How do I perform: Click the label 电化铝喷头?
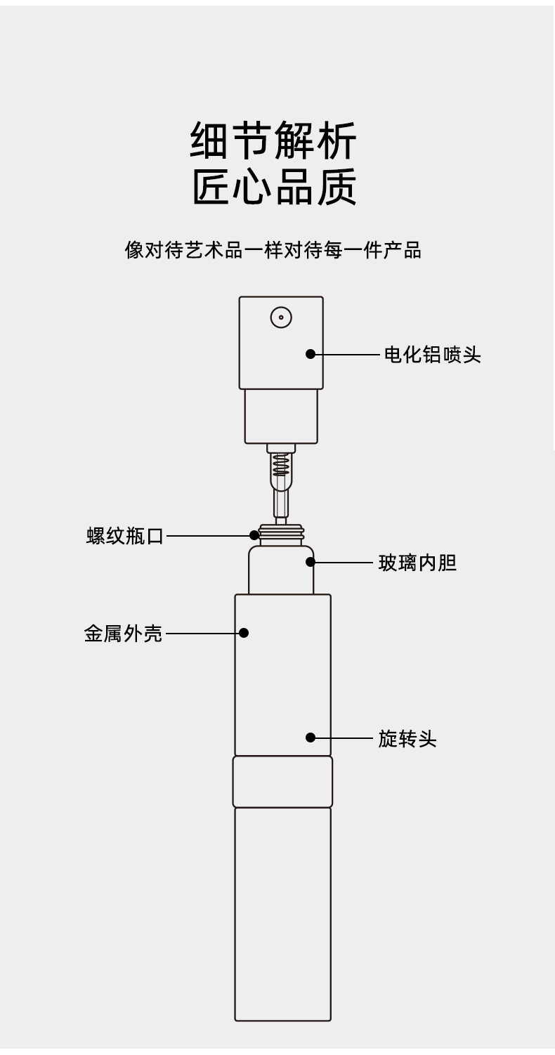[x=433, y=354]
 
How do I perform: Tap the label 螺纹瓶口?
[x=125, y=536]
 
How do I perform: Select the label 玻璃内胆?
[x=417, y=563]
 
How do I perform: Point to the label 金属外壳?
[x=124, y=634]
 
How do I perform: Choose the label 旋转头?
[x=407, y=738]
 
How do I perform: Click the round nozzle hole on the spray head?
[x=281, y=317]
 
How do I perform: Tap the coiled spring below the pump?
[x=281, y=464]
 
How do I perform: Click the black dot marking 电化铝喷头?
[x=311, y=354]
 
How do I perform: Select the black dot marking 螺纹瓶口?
[x=254, y=535]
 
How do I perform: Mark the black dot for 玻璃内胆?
[x=311, y=562]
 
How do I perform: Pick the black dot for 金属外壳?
[x=244, y=633]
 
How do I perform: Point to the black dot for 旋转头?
[x=311, y=738]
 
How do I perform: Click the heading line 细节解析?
[x=274, y=140]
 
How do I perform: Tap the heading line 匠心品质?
[x=275, y=187]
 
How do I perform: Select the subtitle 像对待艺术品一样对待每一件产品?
[x=273, y=250]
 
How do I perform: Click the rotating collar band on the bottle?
[x=282, y=782]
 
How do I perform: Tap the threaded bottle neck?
[x=281, y=535]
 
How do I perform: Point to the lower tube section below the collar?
[x=282, y=915]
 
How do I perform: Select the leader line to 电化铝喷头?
[x=347, y=354]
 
